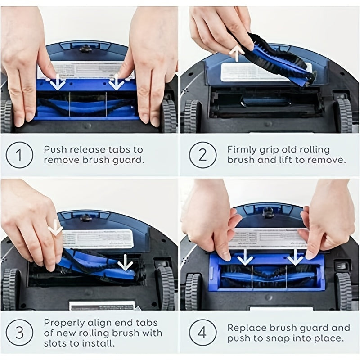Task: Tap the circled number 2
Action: click(202, 155)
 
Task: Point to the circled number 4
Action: click(202, 333)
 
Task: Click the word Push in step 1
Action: click(55, 149)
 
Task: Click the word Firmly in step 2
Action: click(241, 149)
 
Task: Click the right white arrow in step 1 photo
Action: click(116, 83)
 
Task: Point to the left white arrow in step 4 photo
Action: click(245, 257)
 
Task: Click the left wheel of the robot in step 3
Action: click(10, 288)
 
